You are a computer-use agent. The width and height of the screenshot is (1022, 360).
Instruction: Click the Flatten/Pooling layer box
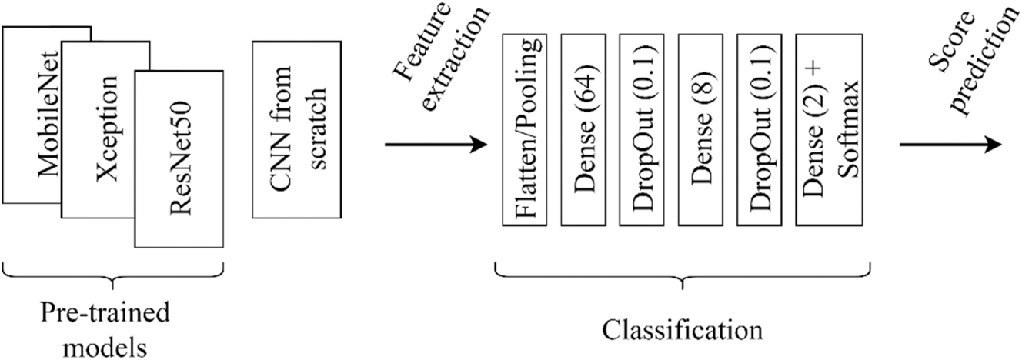[524, 130]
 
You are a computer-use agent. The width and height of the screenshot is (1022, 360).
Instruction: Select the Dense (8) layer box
[700, 130]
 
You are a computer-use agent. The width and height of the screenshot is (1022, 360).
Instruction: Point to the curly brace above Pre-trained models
[113, 274]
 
